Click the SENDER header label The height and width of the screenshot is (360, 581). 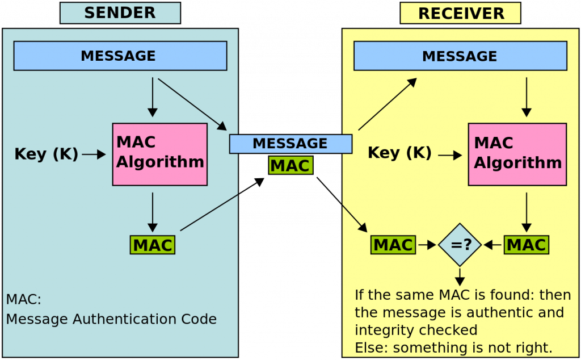tap(120, 12)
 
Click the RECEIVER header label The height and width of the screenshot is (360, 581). tap(460, 13)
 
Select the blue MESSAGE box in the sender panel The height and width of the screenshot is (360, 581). tap(120, 56)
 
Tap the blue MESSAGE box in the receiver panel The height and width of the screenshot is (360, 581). tap(460, 56)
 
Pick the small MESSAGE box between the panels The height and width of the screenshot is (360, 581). tap(290, 144)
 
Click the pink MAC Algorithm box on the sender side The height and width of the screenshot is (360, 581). tap(160, 154)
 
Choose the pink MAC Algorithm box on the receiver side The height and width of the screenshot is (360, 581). tap(517, 154)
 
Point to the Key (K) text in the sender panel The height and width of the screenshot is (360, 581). tap(47, 154)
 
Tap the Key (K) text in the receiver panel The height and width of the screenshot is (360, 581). tap(400, 153)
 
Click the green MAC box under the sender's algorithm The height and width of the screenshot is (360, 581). tap(153, 245)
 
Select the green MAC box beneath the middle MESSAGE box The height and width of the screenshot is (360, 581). tap(290, 166)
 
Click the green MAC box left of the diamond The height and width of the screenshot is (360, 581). tap(393, 245)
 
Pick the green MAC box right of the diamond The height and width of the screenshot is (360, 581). tap(526, 245)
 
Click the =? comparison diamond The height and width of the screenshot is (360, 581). tap(460, 245)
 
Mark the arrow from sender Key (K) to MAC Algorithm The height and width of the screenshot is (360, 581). tap(94, 154)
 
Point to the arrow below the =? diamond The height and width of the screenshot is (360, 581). tap(460, 277)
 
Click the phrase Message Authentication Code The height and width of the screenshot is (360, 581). tap(112, 319)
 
